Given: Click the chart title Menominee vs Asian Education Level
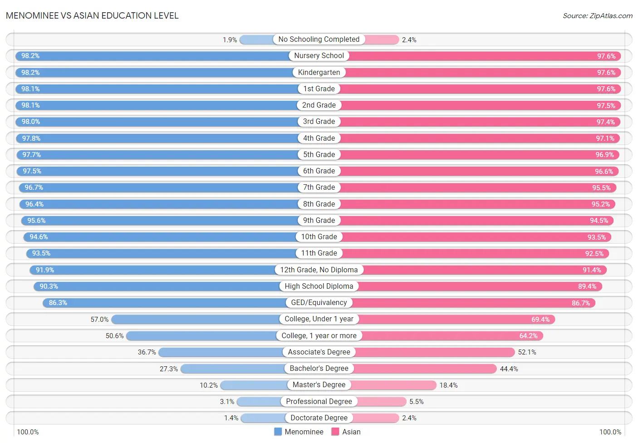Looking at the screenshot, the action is click(x=92, y=15).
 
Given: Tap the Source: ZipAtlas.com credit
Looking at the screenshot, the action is click(x=598, y=16).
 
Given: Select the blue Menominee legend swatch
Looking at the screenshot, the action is click(x=278, y=432).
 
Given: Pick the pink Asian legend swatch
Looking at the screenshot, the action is click(x=335, y=432).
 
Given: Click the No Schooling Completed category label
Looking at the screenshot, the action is click(x=319, y=39).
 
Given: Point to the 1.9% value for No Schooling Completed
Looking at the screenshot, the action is click(x=230, y=40).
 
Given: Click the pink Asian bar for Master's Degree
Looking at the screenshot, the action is click(x=393, y=385).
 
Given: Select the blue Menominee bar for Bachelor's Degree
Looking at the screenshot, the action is click(x=233, y=369).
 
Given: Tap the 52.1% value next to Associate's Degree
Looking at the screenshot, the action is click(x=527, y=352).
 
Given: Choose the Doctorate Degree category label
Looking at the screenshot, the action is click(x=319, y=418).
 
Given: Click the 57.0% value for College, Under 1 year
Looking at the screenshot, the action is click(x=99, y=320).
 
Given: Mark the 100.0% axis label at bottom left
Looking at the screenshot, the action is click(x=28, y=432).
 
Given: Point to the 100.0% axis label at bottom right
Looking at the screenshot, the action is click(x=610, y=432).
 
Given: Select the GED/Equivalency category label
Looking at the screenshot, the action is click(x=319, y=303).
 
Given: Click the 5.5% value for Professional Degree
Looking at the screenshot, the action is click(x=417, y=401).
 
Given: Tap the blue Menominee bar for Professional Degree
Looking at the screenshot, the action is click(x=259, y=401).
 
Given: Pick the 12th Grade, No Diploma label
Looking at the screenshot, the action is click(x=319, y=270).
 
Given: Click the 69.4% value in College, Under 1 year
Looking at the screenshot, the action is click(x=540, y=320).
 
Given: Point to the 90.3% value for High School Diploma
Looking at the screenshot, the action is click(x=49, y=286).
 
